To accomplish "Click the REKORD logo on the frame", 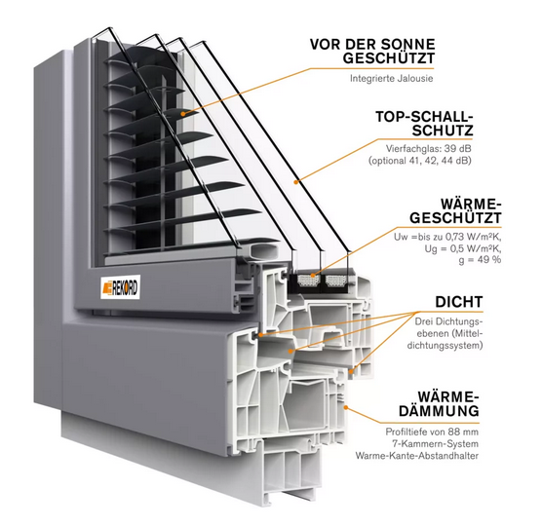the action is [x=120, y=287].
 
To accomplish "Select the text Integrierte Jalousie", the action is [x=391, y=78].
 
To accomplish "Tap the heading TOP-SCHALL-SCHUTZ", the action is [x=424, y=124].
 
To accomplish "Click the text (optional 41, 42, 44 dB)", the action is [x=420, y=161].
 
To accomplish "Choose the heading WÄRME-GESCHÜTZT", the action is [x=455, y=211].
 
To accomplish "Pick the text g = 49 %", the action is [x=480, y=260].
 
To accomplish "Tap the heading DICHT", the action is [x=459, y=302].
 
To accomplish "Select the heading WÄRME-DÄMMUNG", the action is [x=439, y=404].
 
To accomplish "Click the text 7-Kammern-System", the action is [x=435, y=444].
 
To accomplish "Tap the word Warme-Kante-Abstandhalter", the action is [x=417, y=456].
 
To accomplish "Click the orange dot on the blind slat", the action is [x=183, y=113].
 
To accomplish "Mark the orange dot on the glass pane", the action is [x=296, y=181].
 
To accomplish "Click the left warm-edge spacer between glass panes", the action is [x=305, y=281].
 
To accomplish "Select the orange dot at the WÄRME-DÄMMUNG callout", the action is [x=345, y=407].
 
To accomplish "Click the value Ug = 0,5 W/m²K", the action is [x=463, y=248].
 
